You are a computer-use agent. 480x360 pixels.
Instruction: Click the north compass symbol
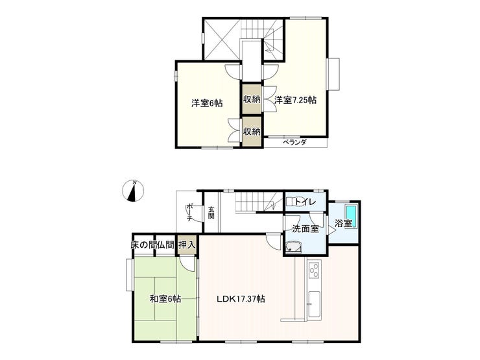click(133, 191)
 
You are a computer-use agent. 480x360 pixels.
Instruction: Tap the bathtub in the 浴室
click(351, 216)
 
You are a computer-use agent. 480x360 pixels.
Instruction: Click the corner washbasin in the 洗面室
click(294, 248)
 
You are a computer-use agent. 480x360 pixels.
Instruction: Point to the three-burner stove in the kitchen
click(314, 270)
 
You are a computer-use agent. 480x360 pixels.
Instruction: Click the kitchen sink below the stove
click(314, 305)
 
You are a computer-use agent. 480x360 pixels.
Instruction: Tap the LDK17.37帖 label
click(241, 298)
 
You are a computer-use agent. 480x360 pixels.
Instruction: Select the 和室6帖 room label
click(165, 298)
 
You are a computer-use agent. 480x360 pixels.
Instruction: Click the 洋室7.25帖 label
click(295, 100)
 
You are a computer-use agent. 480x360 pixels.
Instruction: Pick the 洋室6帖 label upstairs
click(207, 103)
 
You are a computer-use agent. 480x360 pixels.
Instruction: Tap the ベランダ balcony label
click(294, 142)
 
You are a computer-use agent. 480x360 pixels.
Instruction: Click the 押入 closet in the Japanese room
click(187, 245)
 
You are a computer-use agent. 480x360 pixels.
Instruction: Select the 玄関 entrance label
click(211, 213)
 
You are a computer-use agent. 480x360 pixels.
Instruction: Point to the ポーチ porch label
click(190, 212)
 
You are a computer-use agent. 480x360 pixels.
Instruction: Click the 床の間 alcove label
click(142, 245)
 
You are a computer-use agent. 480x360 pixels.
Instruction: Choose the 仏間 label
click(166, 245)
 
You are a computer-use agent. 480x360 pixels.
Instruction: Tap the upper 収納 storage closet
click(252, 99)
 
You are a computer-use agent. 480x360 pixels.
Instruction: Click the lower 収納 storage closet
click(252, 131)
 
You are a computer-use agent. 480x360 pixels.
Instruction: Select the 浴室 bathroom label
click(343, 223)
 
